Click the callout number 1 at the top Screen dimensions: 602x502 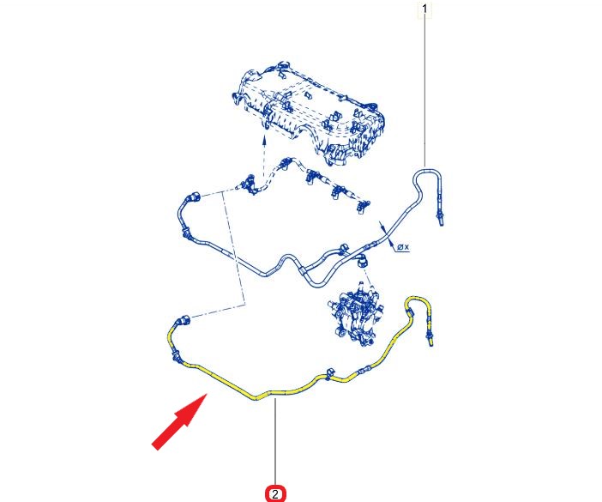pyautogui.click(x=424, y=9)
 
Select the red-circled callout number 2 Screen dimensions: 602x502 pyautogui.click(x=275, y=494)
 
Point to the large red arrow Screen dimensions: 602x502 pyautogui.click(x=179, y=421)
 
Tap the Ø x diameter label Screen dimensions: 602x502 pyautogui.click(x=403, y=247)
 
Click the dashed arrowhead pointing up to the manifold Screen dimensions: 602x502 pyautogui.click(x=264, y=141)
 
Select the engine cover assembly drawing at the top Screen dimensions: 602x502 pyautogui.click(x=309, y=112)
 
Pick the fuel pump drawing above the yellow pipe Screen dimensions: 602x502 pyautogui.click(x=356, y=314)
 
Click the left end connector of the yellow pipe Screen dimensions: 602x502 pyautogui.click(x=184, y=321)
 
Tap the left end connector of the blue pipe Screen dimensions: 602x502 pyautogui.click(x=193, y=198)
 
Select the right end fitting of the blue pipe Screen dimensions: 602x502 pyautogui.click(x=440, y=219)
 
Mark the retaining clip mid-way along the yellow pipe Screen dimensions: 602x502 pyautogui.click(x=330, y=374)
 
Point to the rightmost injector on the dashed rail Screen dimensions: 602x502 pyautogui.click(x=363, y=206)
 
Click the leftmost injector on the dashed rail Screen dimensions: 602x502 pyautogui.click(x=249, y=183)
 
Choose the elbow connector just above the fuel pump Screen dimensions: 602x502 pyautogui.click(x=362, y=261)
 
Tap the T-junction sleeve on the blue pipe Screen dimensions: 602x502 pyautogui.click(x=303, y=272)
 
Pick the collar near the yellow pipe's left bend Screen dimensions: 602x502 pyautogui.click(x=175, y=356)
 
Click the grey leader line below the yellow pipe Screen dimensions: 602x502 pyautogui.click(x=275, y=442)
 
